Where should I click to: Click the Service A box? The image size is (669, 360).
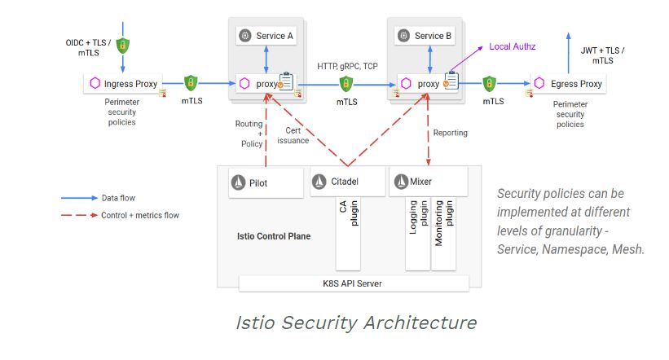[267, 36]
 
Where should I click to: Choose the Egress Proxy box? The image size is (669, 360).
[570, 83]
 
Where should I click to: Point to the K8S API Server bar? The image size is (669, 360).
[354, 283]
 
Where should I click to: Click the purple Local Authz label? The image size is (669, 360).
[511, 46]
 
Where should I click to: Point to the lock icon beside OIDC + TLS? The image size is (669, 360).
[123, 46]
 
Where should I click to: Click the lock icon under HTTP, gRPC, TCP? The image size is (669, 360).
[346, 83]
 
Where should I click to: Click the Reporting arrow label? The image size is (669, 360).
[450, 132]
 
